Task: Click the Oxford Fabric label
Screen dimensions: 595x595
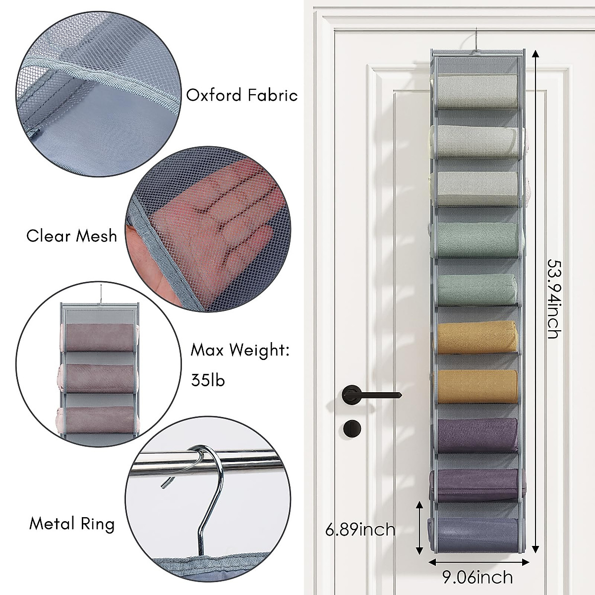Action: click(x=241, y=95)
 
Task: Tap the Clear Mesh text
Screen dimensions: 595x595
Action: click(x=72, y=236)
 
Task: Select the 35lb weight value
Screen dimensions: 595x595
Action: click(x=208, y=380)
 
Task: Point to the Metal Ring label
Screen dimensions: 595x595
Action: click(x=72, y=524)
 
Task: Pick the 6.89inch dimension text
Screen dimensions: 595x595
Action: click(x=360, y=530)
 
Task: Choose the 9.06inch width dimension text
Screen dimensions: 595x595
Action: click(x=477, y=577)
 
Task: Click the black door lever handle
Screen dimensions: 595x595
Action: click(x=367, y=395)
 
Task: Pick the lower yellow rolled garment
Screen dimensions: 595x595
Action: click(x=476, y=386)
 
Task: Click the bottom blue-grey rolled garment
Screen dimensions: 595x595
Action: click(x=476, y=533)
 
